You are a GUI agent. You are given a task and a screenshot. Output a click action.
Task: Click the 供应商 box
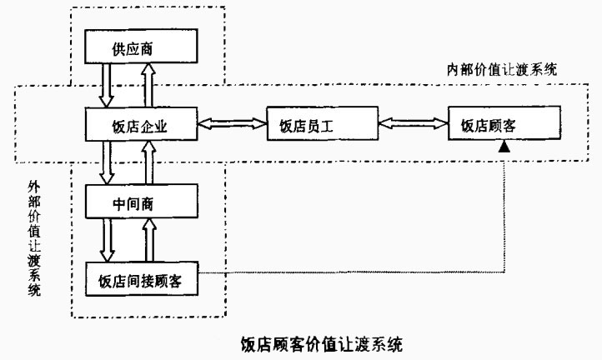point(140,48)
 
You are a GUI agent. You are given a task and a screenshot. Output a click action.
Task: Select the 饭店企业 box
point(141,126)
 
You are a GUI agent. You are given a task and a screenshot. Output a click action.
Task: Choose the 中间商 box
point(141,202)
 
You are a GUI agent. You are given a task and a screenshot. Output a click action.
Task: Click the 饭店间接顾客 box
point(141,277)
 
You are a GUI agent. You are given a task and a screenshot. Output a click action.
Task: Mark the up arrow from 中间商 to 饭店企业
point(148,163)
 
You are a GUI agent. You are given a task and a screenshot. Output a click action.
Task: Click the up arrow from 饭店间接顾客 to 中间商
point(148,240)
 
